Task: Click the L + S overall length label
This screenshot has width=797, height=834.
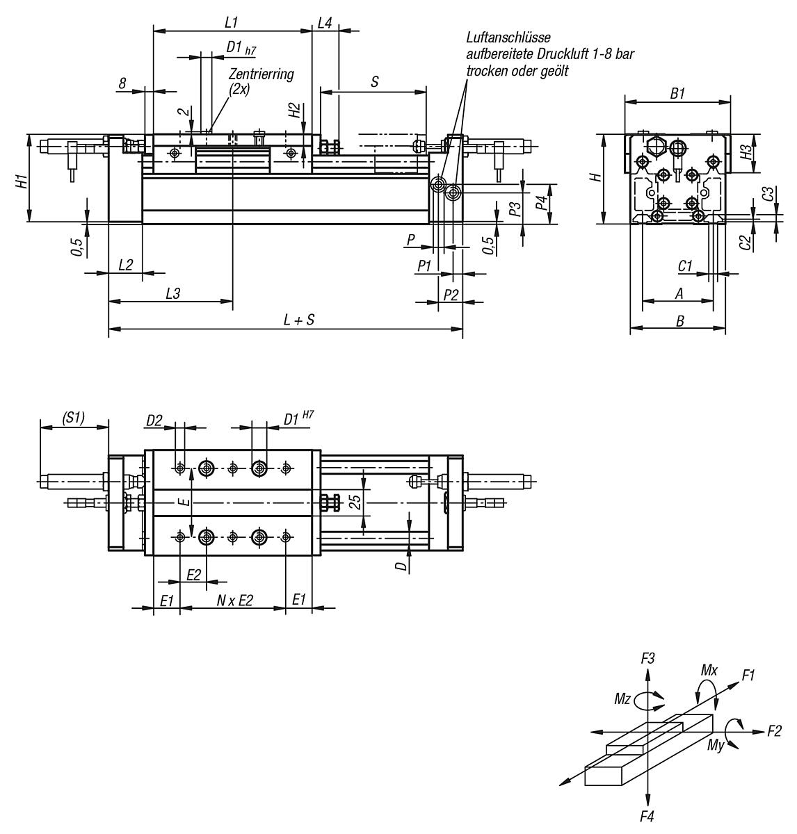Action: [299, 320]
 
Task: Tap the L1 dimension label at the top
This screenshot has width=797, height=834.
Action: [232, 22]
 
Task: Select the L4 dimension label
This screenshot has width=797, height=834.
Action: [325, 22]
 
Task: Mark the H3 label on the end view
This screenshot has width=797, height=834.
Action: [745, 152]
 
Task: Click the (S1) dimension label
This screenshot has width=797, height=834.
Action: [73, 418]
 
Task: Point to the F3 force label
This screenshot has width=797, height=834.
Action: [647, 657]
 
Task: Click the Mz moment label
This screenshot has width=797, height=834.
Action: [622, 699]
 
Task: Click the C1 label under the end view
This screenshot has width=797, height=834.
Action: [685, 265]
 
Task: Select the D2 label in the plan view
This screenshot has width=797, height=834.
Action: [154, 420]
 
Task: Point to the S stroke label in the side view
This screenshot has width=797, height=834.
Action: [375, 81]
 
